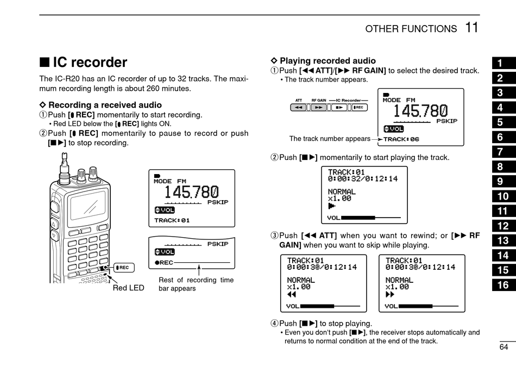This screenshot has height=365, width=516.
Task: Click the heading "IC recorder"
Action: (x=90, y=63)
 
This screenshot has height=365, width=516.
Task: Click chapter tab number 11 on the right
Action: (x=503, y=211)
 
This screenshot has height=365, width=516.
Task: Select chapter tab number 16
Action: (x=503, y=284)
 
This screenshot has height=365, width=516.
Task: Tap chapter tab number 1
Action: (x=500, y=63)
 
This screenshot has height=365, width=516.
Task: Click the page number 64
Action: (x=504, y=347)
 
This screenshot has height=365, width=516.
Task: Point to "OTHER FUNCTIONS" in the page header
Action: (x=411, y=29)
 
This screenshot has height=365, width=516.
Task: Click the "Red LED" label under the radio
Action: (x=129, y=288)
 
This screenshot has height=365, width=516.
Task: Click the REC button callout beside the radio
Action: (x=122, y=268)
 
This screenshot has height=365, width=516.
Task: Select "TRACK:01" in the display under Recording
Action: (x=172, y=220)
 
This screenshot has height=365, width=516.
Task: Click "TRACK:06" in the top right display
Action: (x=401, y=139)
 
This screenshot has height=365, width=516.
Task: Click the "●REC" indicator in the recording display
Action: (x=163, y=263)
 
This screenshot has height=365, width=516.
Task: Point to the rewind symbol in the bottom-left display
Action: (x=292, y=295)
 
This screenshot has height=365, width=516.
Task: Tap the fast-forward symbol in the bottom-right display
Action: (x=390, y=295)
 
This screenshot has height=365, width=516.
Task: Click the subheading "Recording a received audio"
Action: (x=105, y=105)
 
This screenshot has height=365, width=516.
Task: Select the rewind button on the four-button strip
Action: (x=299, y=108)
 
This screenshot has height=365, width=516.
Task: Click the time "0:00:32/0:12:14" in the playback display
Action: (x=363, y=178)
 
